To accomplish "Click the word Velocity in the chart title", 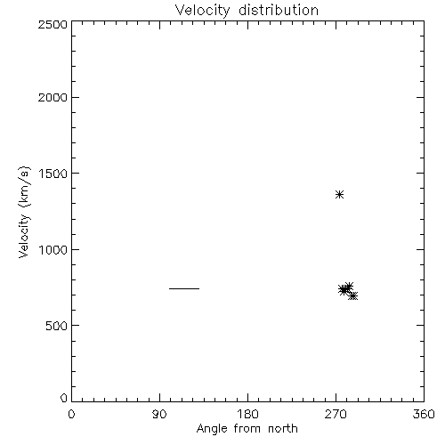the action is [x=203, y=11].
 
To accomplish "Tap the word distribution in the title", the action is [x=279, y=10].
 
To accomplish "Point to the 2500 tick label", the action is [x=53, y=24].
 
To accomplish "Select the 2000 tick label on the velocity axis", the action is [x=53, y=97].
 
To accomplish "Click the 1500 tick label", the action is [x=53, y=174].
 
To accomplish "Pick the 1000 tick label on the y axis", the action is [x=53, y=250].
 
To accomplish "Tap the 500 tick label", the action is [x=57, y=326].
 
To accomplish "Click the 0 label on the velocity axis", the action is [x=64, y=398].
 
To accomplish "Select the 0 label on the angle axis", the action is [x=71, y=414].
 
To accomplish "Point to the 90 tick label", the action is [x=159, y=414].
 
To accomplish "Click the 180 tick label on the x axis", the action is [x=247, y=414].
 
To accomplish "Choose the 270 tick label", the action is [x=336, y=414].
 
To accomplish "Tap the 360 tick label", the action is [x=424, y=414].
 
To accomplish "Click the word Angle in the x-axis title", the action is [x=212, y=430].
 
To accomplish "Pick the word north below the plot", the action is [x=283, y=428].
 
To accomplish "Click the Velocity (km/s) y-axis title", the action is [x=24, y=212].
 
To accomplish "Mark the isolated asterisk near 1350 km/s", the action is [x=339, y=195].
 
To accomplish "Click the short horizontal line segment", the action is [x=184, y=288].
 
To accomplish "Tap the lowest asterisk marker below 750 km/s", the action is [x=352, y=295].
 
